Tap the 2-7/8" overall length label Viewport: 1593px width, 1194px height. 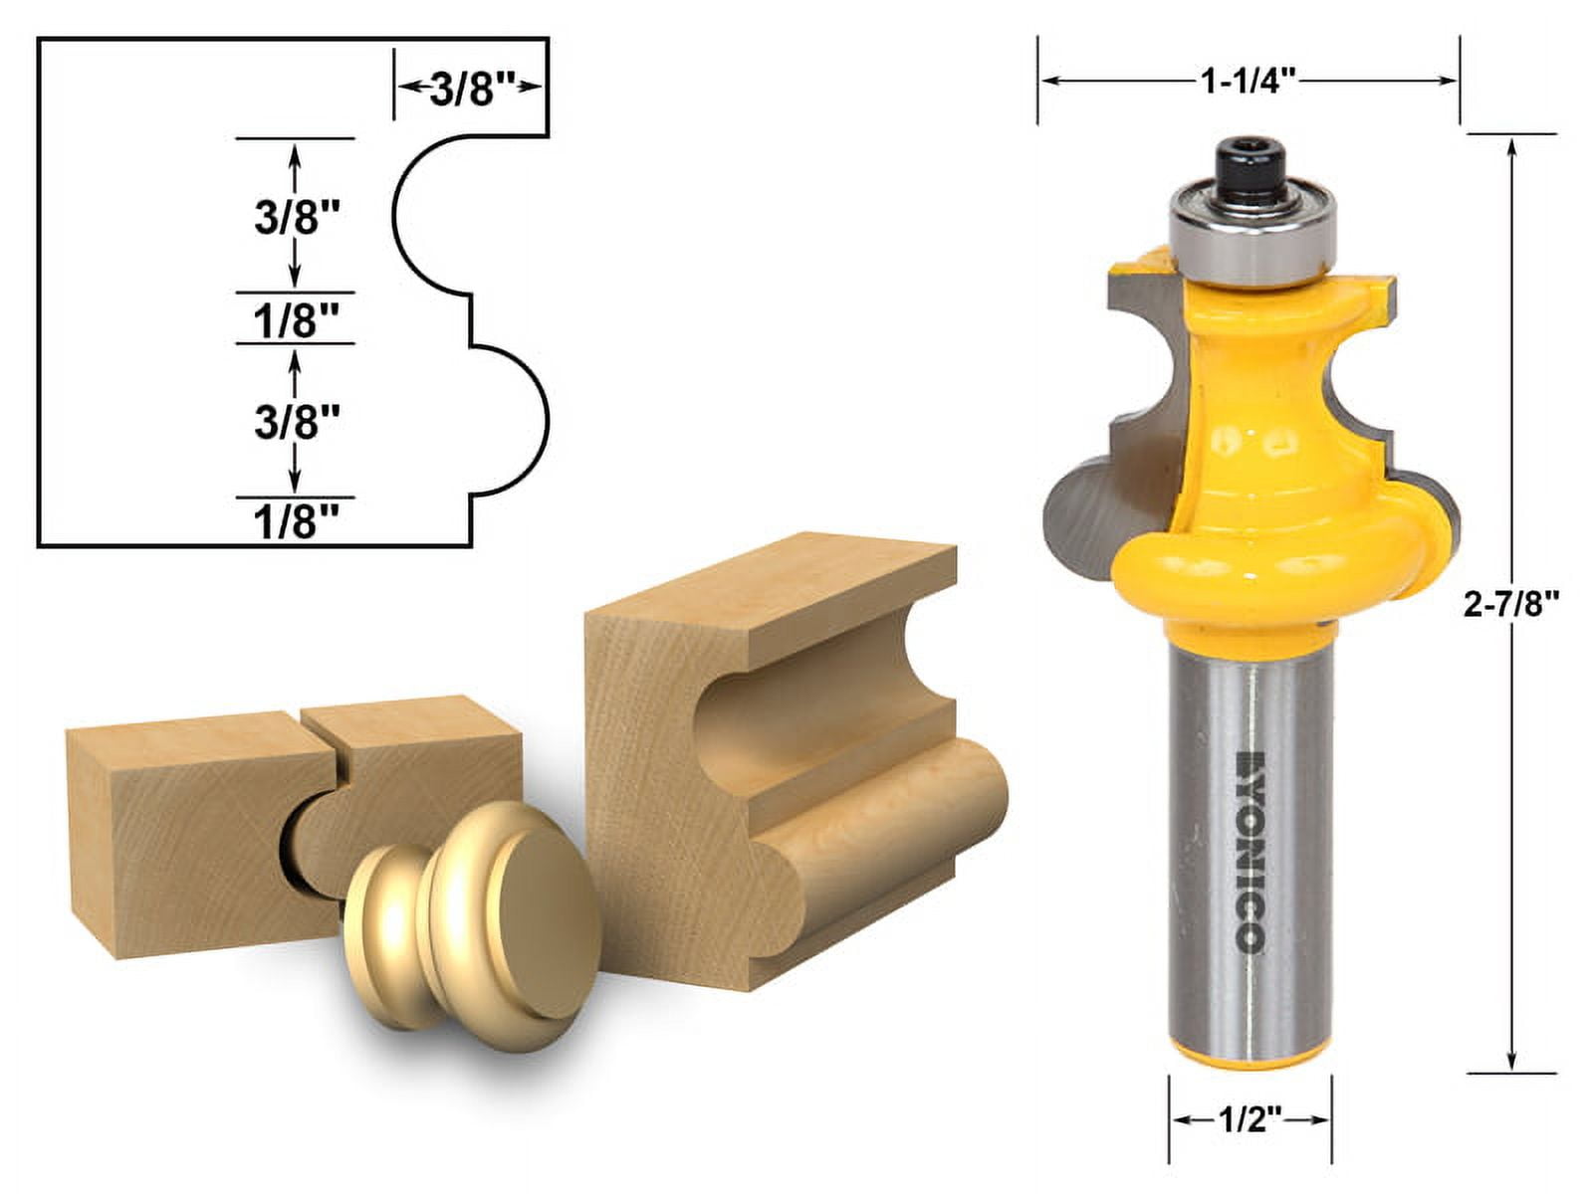click(x=1509, y=603)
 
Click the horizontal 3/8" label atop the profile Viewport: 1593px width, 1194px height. click(x=471, y=90)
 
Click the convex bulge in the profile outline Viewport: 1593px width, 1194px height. click(x=528, y=418)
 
